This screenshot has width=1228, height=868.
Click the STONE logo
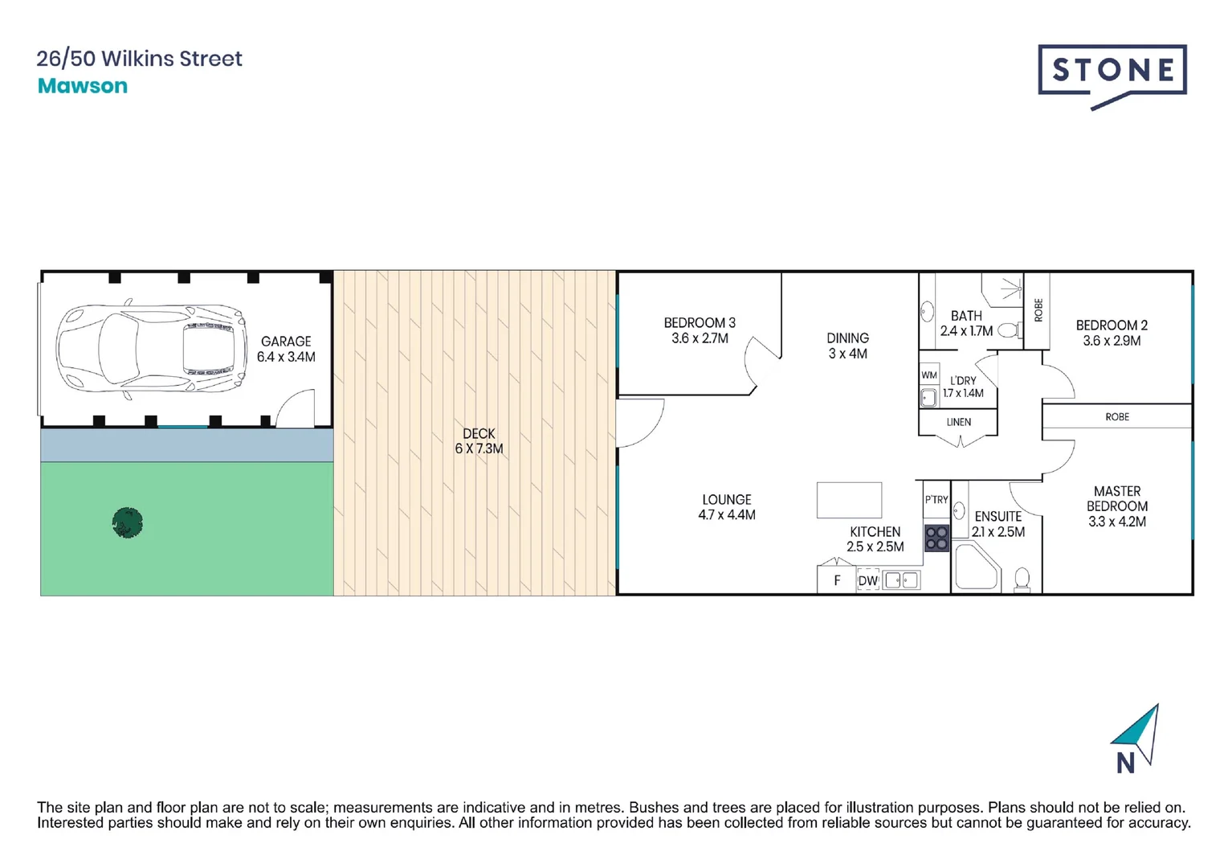click(1112, 72)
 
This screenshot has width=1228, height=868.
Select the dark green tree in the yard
click(128, 523)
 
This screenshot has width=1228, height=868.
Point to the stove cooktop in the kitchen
click(936, 538)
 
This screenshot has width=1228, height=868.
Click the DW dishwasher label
click(868, 580)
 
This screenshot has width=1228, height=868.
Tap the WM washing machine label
click(929, 375)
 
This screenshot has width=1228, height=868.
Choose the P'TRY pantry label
click(936, 500)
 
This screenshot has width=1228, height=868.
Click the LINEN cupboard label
click(959, 422)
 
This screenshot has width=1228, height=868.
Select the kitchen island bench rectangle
click(849, 500)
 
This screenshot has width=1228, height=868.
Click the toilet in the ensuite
click(1022, 579)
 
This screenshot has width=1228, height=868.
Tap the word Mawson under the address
click(83, 86)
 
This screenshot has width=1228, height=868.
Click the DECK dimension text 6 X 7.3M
click(479, 448)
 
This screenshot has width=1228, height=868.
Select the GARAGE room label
click(286, 342)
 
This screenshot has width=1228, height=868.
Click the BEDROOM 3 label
click(700, 323)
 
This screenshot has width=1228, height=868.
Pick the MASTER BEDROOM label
click(1117, 498)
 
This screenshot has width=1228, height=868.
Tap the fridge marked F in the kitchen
click(837, 580)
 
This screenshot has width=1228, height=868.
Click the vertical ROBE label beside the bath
click(1038, 310)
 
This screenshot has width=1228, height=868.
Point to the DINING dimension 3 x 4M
click(848, 354)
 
